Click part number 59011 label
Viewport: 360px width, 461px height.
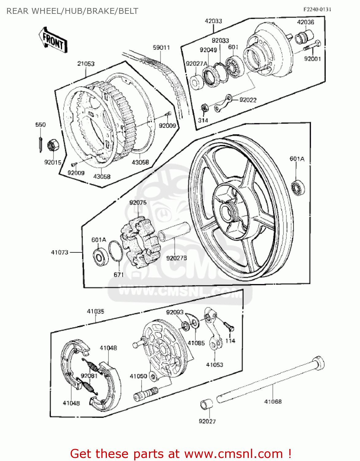161,48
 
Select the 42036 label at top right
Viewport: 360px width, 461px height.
305,22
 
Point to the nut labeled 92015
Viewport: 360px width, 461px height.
53,145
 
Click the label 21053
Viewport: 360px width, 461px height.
86,64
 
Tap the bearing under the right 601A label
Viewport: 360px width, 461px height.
298,187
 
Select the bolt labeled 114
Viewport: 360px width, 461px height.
229,326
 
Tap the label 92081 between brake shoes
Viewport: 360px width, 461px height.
89,376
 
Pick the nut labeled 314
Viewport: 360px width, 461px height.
204,108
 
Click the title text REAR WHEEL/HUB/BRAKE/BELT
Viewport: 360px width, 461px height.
72,11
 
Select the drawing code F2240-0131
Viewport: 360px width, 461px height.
317,9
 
